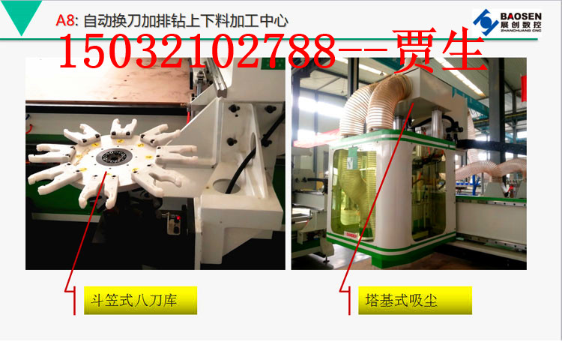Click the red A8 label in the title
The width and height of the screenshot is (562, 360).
tap(65, 20)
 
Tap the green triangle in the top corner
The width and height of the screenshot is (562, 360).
tap(22, 14)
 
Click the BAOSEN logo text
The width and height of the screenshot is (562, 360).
tap(521, 16)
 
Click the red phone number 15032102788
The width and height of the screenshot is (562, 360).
tap(198, 51)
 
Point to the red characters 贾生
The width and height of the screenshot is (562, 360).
tap(438, 49)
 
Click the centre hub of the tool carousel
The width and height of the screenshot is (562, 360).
tap(115, 157)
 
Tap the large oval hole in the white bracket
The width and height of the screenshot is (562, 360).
tap(229, 186)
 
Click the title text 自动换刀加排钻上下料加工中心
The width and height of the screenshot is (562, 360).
tap(186, 21)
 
